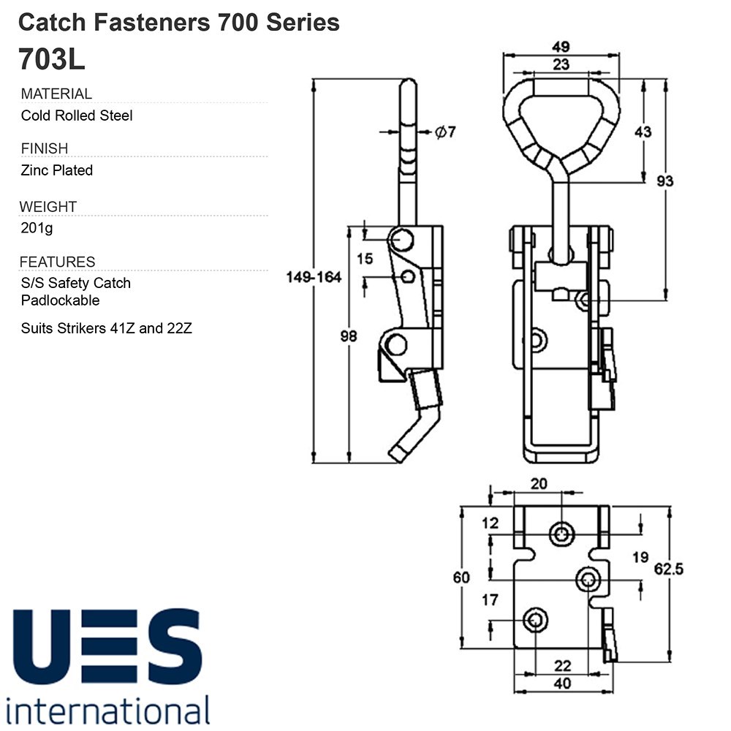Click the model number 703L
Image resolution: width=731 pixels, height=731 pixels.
pos(52,59)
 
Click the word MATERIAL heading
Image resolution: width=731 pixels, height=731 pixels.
pos(56,94)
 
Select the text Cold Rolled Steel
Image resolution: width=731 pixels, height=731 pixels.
pos(77,115)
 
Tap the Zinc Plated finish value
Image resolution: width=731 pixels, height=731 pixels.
pos(57,170)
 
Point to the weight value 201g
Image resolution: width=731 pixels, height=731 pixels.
pos(37,228)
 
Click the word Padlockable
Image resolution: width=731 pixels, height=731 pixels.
pos(60,300)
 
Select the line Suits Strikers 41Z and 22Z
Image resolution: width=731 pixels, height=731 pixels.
pos(106,328)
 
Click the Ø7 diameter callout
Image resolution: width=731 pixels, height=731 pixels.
pos(445,132)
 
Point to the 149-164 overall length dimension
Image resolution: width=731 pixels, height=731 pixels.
pos(314,277)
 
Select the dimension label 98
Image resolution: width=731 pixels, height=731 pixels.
pos(349,336)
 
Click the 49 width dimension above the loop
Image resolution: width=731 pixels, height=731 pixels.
pos(561,47)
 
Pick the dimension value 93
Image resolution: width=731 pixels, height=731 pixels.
pos(664,181)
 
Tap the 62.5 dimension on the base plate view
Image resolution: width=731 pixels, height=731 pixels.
pos(669,569)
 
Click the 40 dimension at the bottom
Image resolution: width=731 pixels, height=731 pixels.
pos(562,683)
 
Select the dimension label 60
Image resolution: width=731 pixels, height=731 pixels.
pos(461,577)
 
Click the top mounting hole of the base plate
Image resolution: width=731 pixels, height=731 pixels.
pos(561,534)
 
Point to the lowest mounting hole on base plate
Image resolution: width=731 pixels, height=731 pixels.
pos(535,621)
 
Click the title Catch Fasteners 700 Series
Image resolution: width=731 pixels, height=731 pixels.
pos(179,23)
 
